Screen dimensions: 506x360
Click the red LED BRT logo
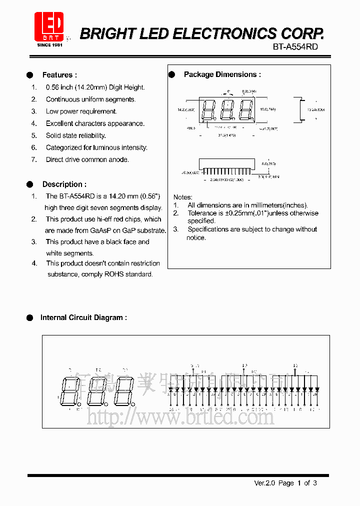point(49,27)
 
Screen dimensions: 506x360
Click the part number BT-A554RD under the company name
point(295,46)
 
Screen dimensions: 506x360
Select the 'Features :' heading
point(59,75)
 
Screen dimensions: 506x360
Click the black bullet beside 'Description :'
point(29,184)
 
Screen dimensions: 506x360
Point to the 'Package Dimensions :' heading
point(222,74)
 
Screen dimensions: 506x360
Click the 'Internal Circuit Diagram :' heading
point(83,317)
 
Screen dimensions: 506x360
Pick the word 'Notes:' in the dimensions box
point(182,197)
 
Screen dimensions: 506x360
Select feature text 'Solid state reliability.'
point(76,135)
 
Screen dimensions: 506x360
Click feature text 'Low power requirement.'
point(81,111)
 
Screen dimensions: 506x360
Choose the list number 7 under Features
point(34,159)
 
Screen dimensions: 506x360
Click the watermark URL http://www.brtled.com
point(180,416)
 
